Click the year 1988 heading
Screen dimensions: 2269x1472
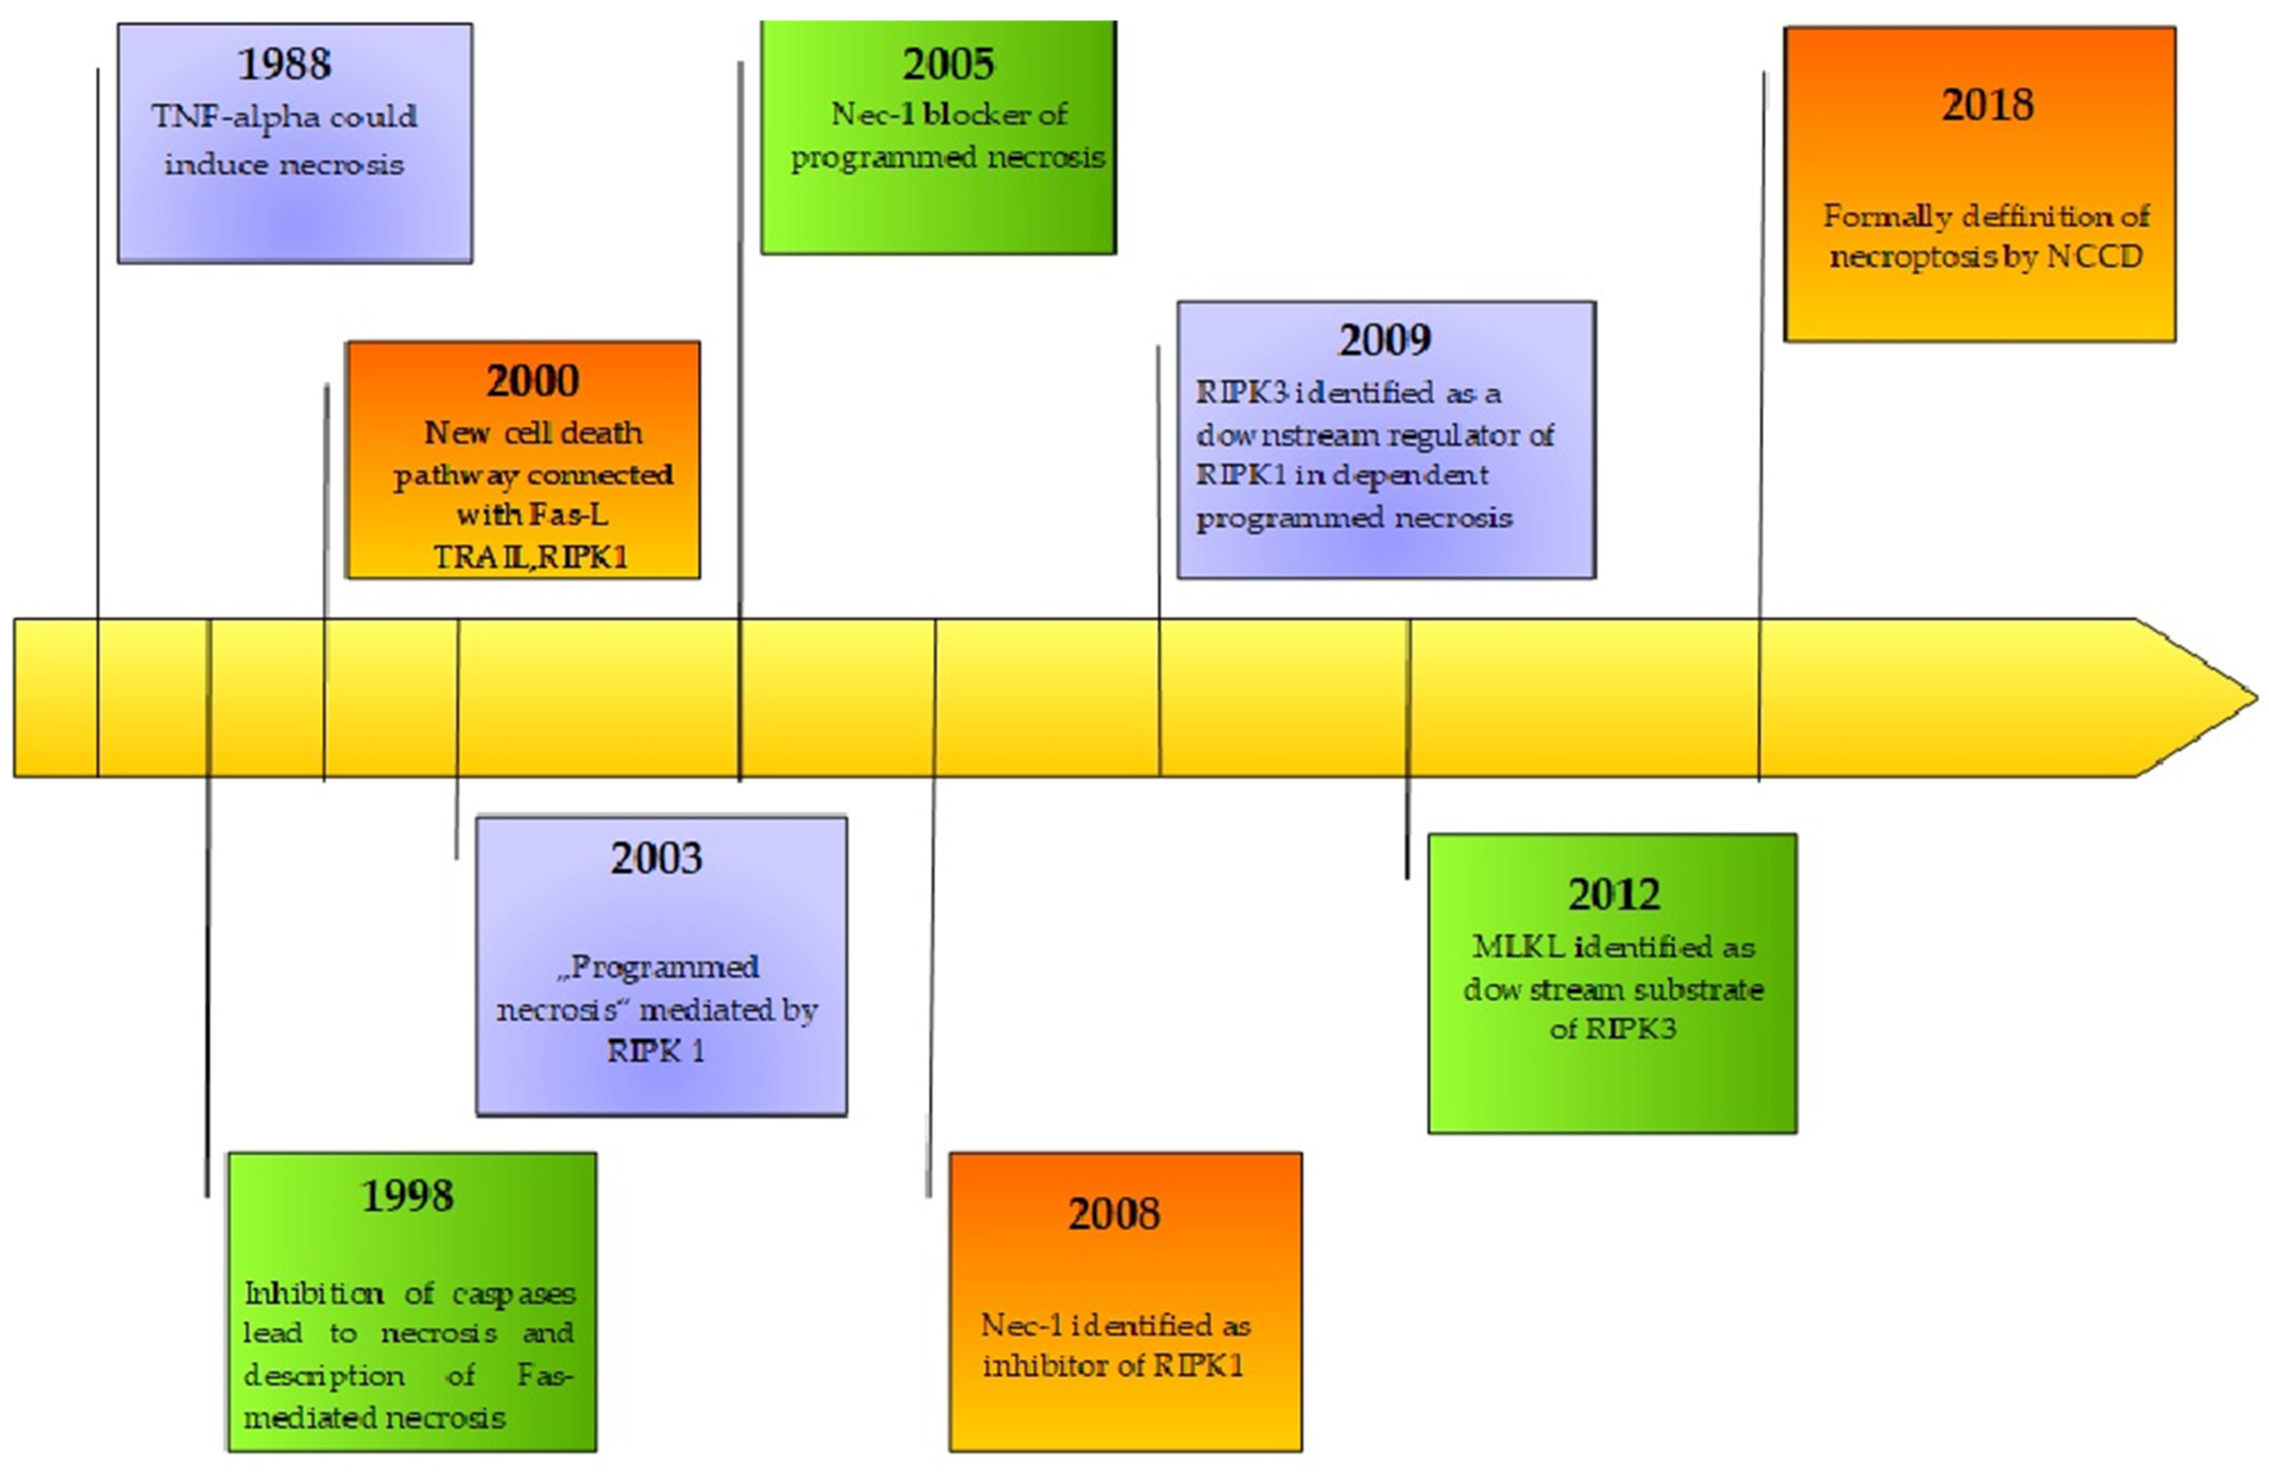click(x=284, y=64)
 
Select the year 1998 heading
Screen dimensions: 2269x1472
click(x=407, y=1196)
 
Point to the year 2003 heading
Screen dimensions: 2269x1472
click(x=657, y=858)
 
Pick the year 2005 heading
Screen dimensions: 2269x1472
click(x=949, y=64)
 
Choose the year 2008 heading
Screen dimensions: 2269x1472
click(x=1114, y=1214)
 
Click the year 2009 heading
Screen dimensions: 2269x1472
click(x=1385, y=339)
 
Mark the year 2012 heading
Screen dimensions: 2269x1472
click(x=1614, y=894)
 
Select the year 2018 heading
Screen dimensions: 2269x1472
click(x=1988, y=105)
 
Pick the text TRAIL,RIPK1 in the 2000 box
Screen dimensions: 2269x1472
click(x=531, y=557)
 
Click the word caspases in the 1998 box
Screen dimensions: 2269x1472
click(x=514, y=1294)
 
